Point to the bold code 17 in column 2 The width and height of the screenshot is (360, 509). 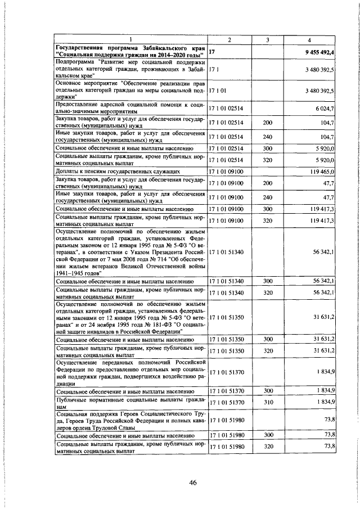(x=212, y=52)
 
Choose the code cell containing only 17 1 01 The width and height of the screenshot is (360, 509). (x=217, y=89)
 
